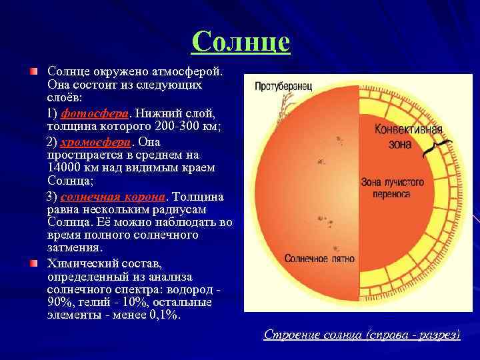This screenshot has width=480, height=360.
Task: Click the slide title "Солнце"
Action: point(241,42)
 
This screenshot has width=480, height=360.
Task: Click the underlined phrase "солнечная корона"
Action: point(113,197)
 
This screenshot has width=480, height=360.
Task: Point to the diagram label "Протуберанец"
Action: point(283,87)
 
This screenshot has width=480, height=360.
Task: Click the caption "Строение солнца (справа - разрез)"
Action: point(361,334)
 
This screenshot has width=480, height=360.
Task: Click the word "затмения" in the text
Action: point(74,248)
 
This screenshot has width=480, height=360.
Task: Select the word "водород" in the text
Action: point(192,289)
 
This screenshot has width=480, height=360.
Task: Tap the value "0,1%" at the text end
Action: point(163,315)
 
